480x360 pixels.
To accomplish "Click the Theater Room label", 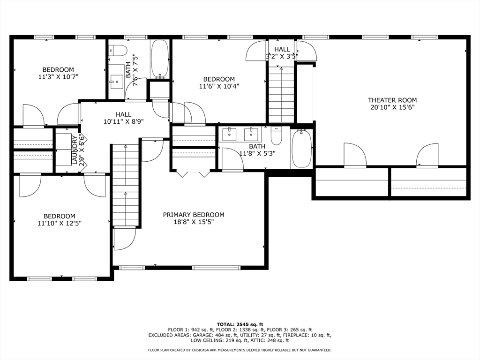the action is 392,100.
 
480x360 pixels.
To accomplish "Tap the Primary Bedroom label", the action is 194,215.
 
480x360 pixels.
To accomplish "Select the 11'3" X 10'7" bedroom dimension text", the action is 58,77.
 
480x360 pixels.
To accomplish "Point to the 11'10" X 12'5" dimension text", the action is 60,224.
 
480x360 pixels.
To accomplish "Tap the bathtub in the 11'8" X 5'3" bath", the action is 301,149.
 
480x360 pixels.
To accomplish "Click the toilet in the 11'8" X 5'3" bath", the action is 277,136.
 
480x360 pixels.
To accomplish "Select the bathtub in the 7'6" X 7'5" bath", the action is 160,59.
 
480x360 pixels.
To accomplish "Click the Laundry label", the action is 75,150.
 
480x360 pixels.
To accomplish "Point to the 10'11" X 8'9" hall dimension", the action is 123,121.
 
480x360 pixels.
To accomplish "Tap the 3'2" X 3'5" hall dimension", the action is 282,56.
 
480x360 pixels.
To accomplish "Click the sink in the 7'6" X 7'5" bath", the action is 117,80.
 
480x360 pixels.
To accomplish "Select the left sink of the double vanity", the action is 229,135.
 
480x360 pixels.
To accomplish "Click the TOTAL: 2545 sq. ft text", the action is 240,324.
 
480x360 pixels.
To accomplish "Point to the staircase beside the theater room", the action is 281,94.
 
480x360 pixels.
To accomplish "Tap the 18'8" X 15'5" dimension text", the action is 194,222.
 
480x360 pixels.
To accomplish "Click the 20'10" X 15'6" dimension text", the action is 392,107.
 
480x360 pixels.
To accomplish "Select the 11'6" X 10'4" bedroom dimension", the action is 219,86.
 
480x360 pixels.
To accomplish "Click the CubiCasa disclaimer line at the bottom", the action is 240,350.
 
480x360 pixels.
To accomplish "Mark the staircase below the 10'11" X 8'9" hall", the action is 126,185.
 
